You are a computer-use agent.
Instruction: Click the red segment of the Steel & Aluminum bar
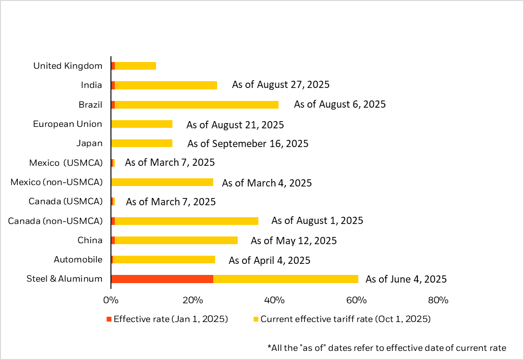pyautogui.click(x=162, y=279)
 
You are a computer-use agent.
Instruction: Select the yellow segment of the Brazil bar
pyautogui.click(x=196, y=104)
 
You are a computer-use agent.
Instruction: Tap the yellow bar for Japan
pyautogui.click(x=142, y=143)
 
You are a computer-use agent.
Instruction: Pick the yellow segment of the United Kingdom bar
pyautogui.click(x=135, y=66)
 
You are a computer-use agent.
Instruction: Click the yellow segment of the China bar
pyautogui.click(x=176, y=240)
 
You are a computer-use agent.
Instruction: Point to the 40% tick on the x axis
pyautogui.click(x=275, y=300)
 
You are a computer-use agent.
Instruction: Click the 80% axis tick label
pyautogui.click(x=438, y=300)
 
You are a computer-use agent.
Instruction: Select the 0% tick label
pyautogui.click(x=111, y=300)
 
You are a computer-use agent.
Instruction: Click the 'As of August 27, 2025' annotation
pyautogui.click(x=281, y=85)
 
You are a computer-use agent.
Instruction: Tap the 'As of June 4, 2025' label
pyautogui.click(x=406, y=279)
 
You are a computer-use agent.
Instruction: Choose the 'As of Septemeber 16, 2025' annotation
pyautogui.click(x=248, y=143)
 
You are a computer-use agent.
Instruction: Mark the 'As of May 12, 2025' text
pyautogui.click(x=293, y=240)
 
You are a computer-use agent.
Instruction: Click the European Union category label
pyautogui.click(x=68, y=124)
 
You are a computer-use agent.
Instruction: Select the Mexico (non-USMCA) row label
pyautogui.click(x=57, y=182)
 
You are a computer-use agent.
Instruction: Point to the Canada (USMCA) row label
pyautogui.click(x=66, y=201)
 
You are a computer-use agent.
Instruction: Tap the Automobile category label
pyautogui.click(x=78, y=260)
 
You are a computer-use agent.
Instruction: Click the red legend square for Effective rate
pyautogui.click(x=109, y=319)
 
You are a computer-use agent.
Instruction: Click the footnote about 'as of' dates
pyautogui.click(x=387, y=347)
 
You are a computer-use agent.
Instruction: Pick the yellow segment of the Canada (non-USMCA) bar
pyautogui.click(x=186, y=221)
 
